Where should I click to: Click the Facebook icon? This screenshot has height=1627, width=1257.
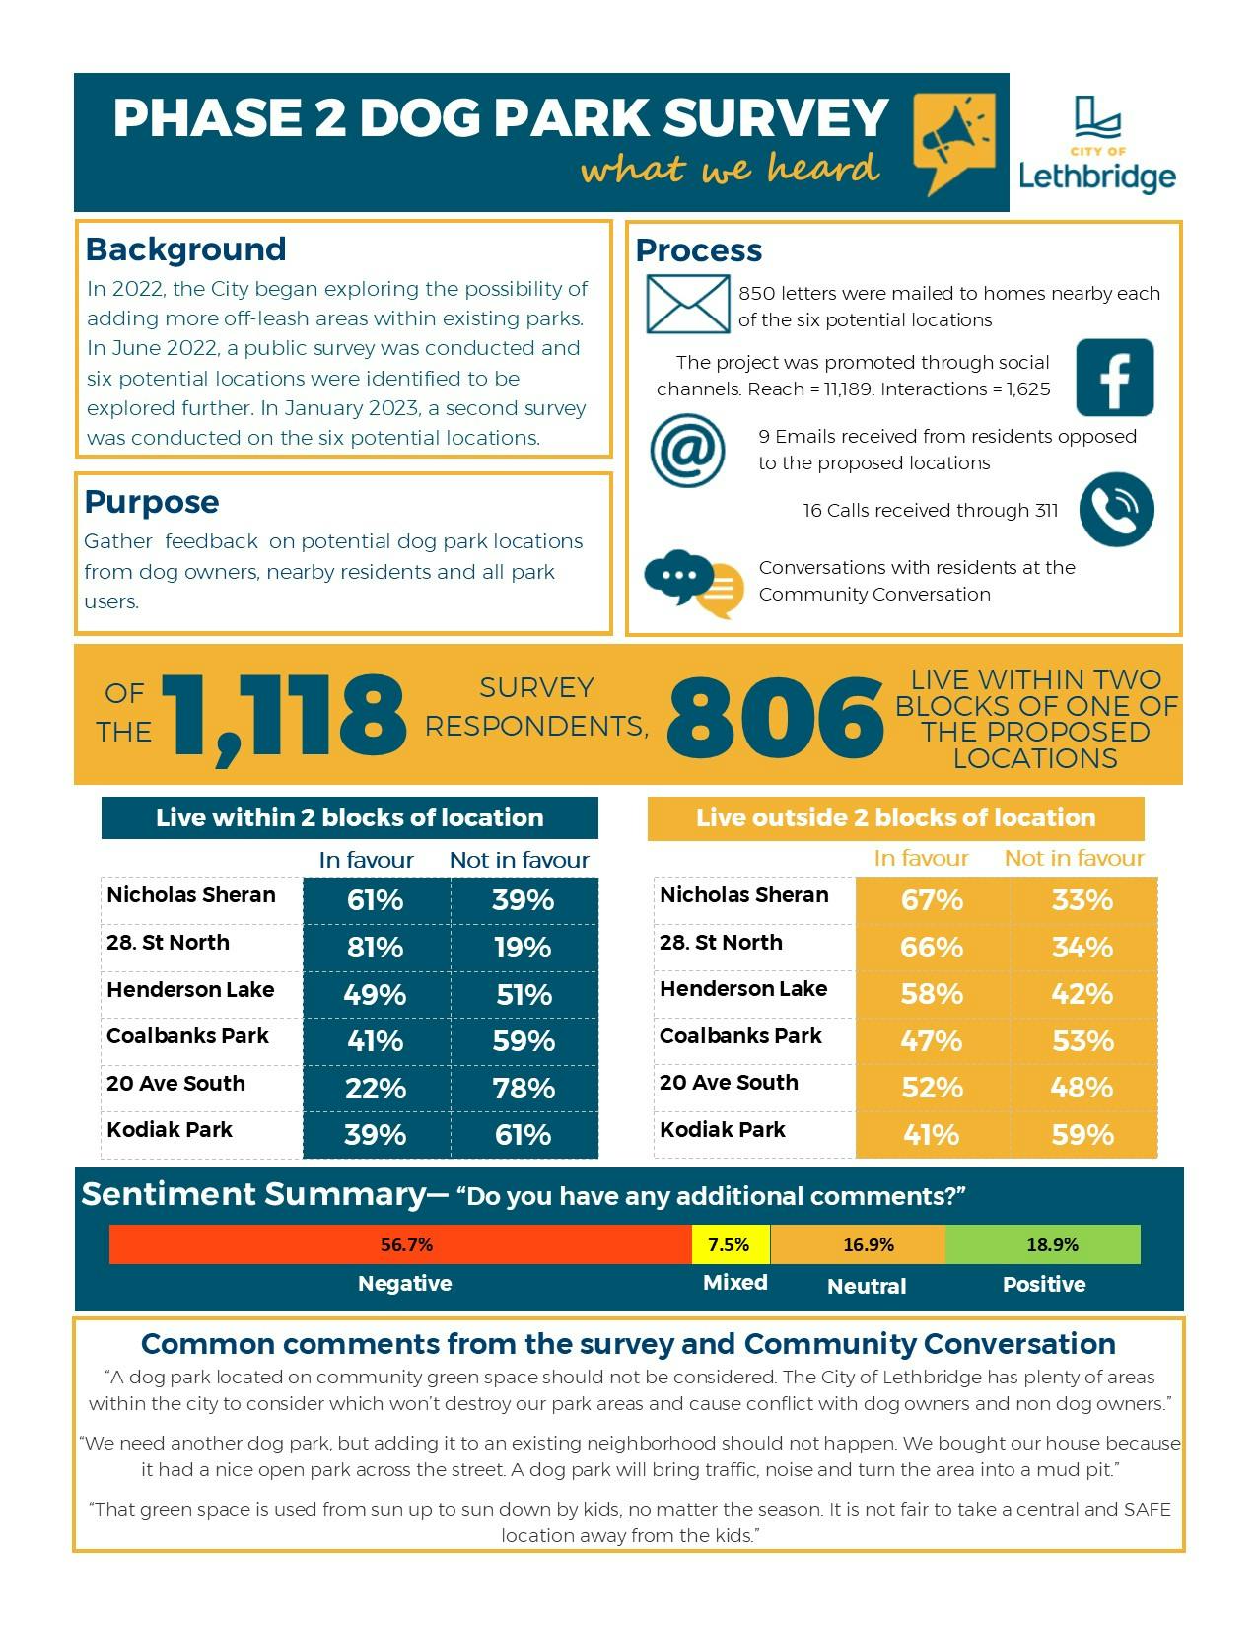1114,378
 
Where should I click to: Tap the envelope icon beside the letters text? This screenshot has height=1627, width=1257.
688,305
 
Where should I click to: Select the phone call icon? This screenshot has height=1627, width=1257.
1116,509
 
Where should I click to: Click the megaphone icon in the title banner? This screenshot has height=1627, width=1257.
953,141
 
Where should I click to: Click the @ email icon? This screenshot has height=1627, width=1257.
687,451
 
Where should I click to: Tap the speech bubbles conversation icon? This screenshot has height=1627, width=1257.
693,583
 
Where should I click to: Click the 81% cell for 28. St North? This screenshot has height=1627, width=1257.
376,948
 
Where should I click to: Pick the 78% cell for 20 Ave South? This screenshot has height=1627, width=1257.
524,1088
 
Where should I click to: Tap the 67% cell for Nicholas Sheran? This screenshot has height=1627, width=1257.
932,900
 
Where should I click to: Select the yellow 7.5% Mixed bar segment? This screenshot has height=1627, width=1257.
730,1244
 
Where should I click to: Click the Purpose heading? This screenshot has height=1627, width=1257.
152,502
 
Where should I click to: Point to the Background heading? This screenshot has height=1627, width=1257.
186,249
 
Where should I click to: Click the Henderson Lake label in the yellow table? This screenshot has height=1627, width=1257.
743,989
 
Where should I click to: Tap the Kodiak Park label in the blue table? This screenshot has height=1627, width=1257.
170,1130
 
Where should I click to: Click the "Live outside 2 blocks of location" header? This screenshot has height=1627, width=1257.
895,817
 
